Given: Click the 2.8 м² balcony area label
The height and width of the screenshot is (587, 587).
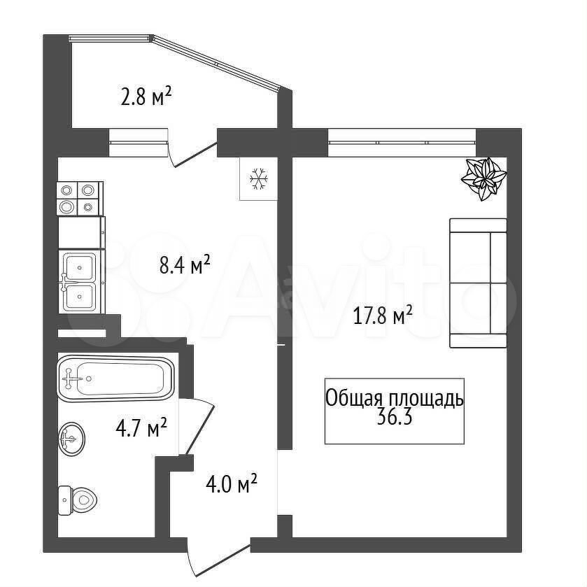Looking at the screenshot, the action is tap(146, 97).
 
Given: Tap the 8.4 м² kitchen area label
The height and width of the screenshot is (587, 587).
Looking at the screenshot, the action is tap(185, 264).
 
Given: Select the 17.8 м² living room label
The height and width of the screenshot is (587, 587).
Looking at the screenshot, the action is tap(383, 316).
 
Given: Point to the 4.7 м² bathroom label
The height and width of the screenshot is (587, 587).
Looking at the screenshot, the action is tap(141, 428).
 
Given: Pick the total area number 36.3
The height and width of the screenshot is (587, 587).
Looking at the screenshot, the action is tap(394, 417).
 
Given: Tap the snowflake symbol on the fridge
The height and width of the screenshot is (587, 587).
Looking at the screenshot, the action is tap(259, 178).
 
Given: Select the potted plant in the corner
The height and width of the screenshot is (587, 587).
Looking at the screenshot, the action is tap(483, 178).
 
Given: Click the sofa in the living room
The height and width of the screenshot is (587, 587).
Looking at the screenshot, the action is tap(478, 283).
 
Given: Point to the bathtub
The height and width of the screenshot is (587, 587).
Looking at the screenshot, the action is tap(115, 378).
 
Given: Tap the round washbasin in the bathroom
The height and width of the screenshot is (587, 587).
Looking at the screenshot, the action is tap(71, 439).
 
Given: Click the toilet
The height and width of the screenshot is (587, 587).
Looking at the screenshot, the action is tap(78, 500).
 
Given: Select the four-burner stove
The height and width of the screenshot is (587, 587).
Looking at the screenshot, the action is tap(79, 199).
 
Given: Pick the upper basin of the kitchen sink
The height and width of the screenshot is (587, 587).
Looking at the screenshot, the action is tap(79, 266).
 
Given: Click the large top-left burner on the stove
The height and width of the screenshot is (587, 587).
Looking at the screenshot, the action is tap(66, 190).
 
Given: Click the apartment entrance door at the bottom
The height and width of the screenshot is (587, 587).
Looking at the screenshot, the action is tap(218, 558).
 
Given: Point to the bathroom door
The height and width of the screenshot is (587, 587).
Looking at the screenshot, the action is tap(196, 426).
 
